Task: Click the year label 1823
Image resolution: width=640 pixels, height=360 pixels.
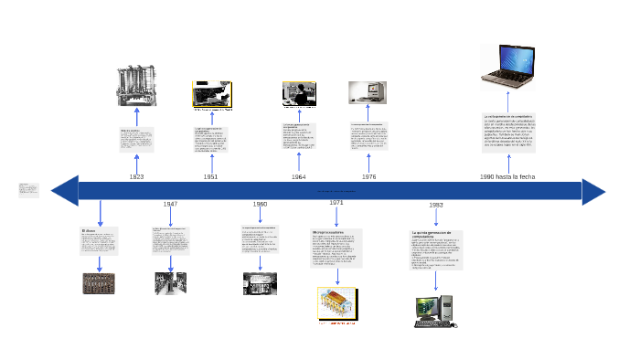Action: tap(136, 176)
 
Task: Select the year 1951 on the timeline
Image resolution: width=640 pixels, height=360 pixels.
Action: tap(210, 176)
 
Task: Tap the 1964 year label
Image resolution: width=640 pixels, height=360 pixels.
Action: tap(299, 176)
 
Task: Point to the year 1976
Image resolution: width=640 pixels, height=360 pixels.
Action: tap(368, 176)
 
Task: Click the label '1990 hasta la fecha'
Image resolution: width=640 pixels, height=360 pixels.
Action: tap(507, 176)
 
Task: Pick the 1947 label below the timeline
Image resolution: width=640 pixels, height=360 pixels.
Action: tap(170, 204)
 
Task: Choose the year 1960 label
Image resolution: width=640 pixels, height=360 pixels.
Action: tap(260, 204)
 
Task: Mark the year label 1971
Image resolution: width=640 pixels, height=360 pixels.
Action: tap(336, 202)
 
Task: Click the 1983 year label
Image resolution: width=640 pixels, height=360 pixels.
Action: tap(436, 205)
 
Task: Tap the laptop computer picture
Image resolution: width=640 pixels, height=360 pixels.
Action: tap(509, 69)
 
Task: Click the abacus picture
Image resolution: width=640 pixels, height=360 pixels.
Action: tap(99, 283)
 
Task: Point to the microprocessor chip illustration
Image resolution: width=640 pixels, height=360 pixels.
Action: tap(336, 304)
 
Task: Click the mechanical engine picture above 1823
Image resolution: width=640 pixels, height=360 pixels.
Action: tap(136, 87)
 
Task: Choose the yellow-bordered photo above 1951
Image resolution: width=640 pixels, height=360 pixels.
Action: tap(211, 94)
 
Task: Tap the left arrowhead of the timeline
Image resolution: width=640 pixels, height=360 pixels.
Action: tap(64, 191)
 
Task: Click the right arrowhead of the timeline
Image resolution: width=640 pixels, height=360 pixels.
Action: tap(593, 192)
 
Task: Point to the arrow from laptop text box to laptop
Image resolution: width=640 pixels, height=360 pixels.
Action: tap(508, 101)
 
